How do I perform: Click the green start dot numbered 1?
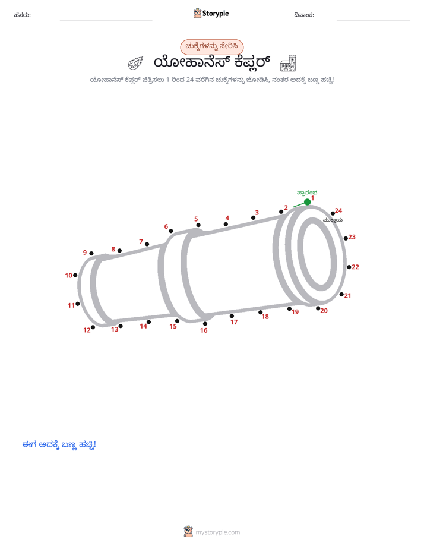pyautogui.click(x=307, y=202)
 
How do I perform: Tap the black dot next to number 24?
pyautogui.click(x=333, y=213)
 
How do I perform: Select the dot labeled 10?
pyautogui.click(x=75, y=275)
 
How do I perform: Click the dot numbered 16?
pyautogui.click(x=205, y=323)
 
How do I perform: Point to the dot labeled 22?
pyautogui.click(x=349, y=267)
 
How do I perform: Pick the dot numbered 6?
pyautogui.click(x=170, y=231)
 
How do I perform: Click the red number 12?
pyautogui.click(x=87, y=330)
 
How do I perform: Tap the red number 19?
pyautogui.click(x=295, y=312)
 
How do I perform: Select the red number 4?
pyautogui.click(x=227, y=218)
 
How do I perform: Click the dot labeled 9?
pyautogui.click(x=91, y=254)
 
